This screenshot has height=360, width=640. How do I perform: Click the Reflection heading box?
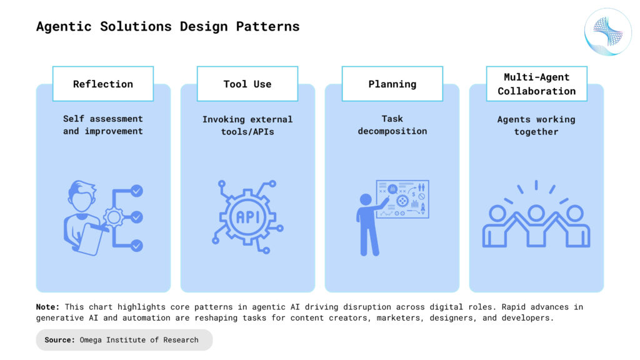[x=103, y=84]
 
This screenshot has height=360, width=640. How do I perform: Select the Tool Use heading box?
[x=247, y=84]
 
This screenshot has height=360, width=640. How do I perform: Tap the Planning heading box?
[x=392, y=84]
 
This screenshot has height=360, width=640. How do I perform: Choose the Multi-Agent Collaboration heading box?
[x=536, y=84]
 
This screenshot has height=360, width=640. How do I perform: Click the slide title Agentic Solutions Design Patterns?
[x=167, y=27]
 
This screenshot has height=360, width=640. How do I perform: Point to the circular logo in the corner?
[x=608, y=32]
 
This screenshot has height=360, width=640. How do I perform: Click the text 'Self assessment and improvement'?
[x=103, y=125]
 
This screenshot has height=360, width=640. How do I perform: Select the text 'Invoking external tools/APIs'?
[x=247, y=125]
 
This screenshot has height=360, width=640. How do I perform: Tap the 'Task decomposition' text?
[x=392, y=125]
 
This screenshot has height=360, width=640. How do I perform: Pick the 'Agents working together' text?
[x=536, y=125]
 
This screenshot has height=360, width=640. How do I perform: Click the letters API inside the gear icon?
[x=247, y=217]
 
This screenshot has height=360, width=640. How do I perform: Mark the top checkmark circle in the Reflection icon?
[x=136, y=191]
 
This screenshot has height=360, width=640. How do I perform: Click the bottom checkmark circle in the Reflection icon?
[x=136, y=246]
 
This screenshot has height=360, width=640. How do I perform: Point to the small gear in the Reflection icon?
[x=113, y=217]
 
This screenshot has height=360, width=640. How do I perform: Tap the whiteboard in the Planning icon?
[x=403, y=199]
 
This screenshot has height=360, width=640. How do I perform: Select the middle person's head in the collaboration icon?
[x=536, y=213]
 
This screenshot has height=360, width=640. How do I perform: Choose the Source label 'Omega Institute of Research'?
[x=138, y=340]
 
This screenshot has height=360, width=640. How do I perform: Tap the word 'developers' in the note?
[x=530, y=317]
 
